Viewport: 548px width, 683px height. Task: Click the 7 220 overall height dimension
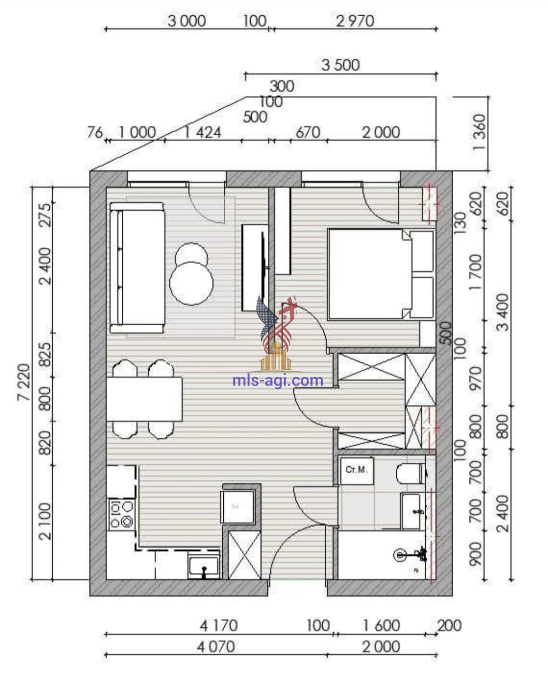point(24,382)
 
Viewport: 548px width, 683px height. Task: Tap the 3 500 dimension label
point(340,65)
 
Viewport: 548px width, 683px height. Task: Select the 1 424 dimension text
point(202,132)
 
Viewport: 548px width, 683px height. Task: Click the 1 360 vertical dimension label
point(480,132)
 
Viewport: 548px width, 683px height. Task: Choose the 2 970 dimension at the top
point(355,21)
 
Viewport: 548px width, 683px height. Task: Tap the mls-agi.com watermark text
point(278,380)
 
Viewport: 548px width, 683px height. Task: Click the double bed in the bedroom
point(381,274)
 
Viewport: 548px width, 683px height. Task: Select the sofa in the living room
point(137,268)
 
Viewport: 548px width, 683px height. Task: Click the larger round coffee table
point(191,283)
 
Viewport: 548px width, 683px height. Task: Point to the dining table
point(144,399)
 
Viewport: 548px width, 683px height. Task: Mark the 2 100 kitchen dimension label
point(45,521)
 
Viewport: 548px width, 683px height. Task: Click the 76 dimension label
point(95,132)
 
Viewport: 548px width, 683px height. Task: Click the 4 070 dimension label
point(216,647)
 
